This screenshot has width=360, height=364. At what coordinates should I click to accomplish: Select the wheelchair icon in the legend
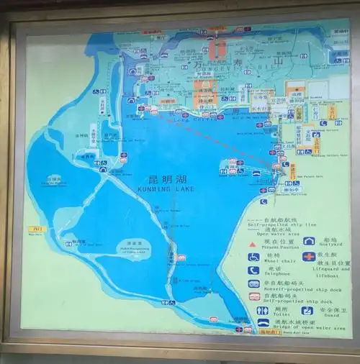click(x=253, y=257)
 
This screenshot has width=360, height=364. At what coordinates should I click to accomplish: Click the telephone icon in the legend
click(x=253, y=270)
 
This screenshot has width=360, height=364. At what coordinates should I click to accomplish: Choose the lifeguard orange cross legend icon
click(x=309, y=257)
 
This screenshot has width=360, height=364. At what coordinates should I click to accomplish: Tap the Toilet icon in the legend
click(x=262, y=311)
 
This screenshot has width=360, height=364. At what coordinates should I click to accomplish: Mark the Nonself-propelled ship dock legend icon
click(x=253, y=283)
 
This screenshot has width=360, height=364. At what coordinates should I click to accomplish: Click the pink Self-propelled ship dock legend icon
click(x=253, y=296)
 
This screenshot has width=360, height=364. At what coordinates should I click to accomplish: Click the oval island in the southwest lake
click(x=130, y=245)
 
